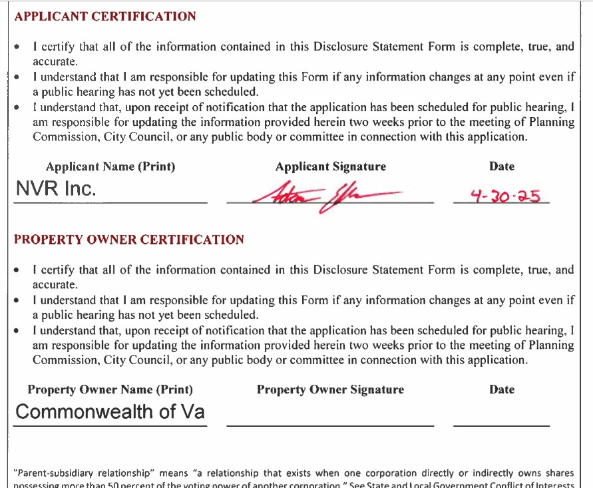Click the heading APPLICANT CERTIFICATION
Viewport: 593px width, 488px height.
[x=105, y=17]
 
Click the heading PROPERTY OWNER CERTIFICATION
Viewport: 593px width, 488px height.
[x=129, y=240]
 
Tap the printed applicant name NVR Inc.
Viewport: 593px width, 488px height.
[x=56, y=189]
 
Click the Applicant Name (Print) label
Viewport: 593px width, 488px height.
[x=110, y=166]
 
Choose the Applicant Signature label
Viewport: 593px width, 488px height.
[x=330, y=166]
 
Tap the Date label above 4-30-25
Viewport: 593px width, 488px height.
[x=501, y=166]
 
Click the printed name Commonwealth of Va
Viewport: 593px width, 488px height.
[x=110, y=411]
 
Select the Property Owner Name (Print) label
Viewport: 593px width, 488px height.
[x=110, y=389]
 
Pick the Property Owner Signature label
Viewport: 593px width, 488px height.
[x=330, y=389]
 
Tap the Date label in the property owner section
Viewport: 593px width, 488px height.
[x=501, y=389]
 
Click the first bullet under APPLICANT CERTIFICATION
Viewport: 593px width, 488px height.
[x=17, y=48]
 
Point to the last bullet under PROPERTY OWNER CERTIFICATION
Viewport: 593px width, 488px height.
[x=17, y=331]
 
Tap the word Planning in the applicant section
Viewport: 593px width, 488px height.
[x=549, y=122]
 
